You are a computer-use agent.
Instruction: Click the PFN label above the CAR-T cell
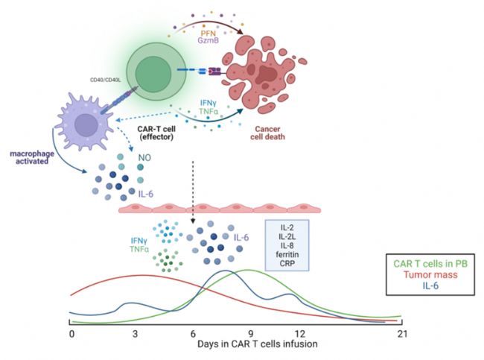click(x=208, y=34)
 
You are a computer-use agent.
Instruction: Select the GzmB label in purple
click(x=208, y=40)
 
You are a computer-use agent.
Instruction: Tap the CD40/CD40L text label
click(x=105, y=80)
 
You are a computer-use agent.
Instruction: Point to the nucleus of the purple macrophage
click(x=86, y=125)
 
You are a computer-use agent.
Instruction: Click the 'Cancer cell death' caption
click(x=267, y=133)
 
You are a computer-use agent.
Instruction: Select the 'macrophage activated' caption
click(x=32, y=157)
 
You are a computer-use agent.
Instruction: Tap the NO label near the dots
click(x=144, y=158)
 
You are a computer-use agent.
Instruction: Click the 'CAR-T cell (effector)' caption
click(x=156, y=133)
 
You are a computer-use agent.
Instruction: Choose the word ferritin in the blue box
click(x=287, y=255)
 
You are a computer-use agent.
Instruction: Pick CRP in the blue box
click(x=287, y=264)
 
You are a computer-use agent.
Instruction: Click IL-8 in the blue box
click(x=287, y=246)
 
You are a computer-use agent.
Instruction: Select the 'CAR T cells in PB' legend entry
click(x=430, y=264)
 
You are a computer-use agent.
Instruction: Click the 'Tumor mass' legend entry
click(x=430, y=275)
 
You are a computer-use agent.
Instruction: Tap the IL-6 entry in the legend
click(x=430, y=285)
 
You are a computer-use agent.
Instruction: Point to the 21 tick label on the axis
click(x=402, y=334)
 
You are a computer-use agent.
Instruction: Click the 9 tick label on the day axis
click(x=251, y=334)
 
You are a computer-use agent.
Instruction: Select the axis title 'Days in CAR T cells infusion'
click(x=258, y=344)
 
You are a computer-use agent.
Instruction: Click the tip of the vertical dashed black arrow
click(x=193, y=223)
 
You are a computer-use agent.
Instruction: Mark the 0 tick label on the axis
click(x=72, y=334)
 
